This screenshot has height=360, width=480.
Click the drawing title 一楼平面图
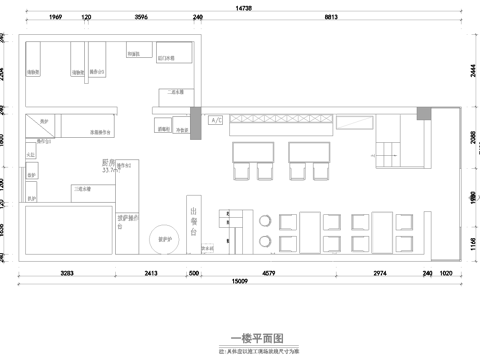250,338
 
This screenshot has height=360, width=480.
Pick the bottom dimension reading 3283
67,272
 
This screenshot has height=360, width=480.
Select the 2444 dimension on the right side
471,72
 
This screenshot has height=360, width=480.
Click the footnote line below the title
250,350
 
